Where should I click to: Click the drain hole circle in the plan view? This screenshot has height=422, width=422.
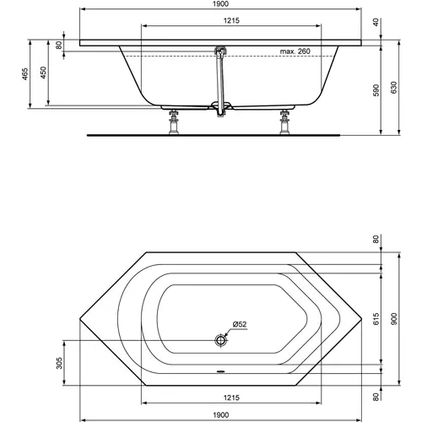click(x=221, y=340)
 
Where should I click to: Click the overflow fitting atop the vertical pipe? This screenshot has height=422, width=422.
click(x=221, y=52)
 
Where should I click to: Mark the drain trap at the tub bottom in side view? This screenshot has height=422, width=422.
click(x=224, y=107)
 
